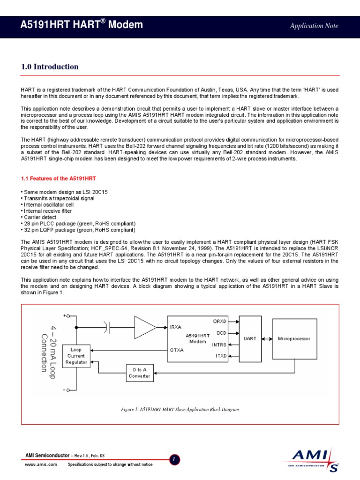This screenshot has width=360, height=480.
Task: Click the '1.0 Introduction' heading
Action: tap(50, 67)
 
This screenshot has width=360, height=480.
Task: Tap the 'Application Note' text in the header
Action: tap(314, 26)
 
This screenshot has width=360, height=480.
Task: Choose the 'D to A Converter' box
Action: tap(139, 373)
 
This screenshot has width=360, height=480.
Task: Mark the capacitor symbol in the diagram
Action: tap(107, 327)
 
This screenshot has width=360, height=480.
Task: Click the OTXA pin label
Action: tap(177, 350)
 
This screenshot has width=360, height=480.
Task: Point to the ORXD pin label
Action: tap(219, 321)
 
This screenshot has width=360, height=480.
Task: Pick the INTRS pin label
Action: tap(219, 345)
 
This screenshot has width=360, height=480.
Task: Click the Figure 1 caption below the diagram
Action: tap(180, 409)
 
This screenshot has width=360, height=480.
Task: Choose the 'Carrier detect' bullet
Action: tap(39, 217)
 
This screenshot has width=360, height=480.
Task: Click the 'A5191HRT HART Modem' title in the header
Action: tap(82, 25)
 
